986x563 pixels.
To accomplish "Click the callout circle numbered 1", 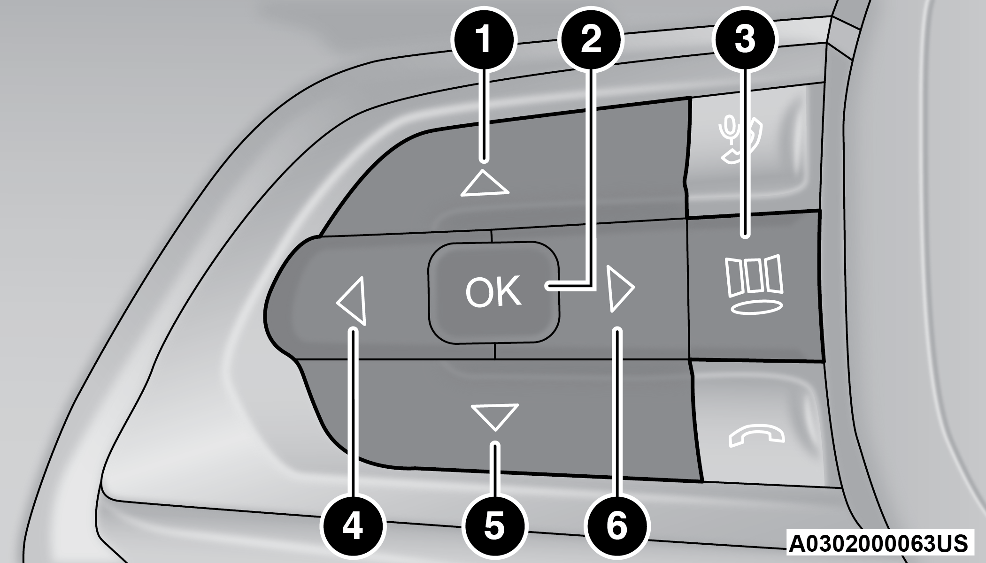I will tap(484, 40).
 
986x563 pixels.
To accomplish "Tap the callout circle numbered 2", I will tap(591, 40).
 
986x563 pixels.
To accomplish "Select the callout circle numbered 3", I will tap(744, 40).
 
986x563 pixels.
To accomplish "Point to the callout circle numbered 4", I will tap(352, 525).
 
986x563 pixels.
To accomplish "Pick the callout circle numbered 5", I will tap(494, 525).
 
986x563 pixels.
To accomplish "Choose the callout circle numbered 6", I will tap(616, 525).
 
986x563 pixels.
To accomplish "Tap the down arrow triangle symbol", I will tap(495, 416).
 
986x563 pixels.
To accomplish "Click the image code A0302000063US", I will tap(878, 543).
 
